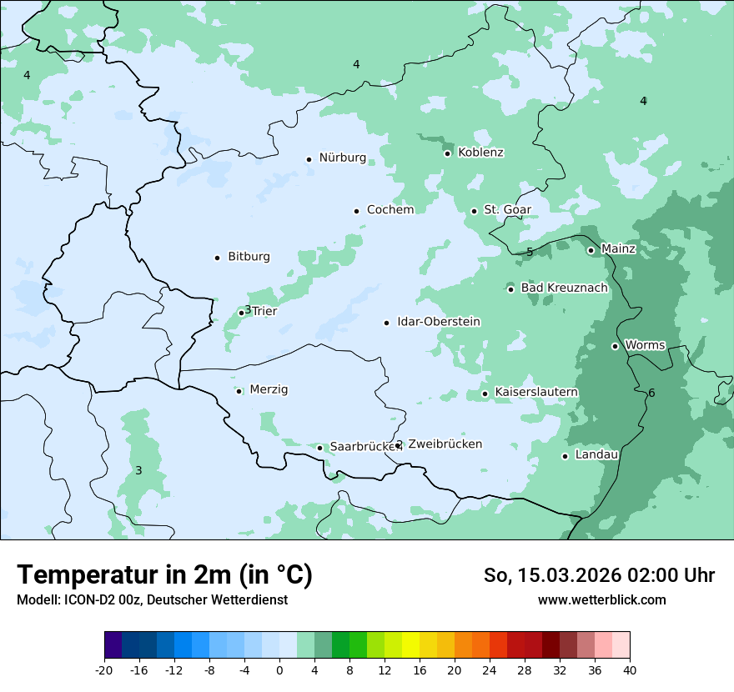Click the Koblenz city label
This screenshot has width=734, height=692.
coord(480,153)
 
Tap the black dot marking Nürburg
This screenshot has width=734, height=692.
coord(309,159)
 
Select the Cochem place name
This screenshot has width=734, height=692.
coord(390,210)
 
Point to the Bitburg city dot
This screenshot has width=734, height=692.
coord(218,258)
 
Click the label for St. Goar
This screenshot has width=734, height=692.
coord(507,210)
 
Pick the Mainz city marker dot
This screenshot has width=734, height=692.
coord(591,250)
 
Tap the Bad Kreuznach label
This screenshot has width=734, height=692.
coord(564,288)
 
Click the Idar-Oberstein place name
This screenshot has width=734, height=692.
coord(438,322)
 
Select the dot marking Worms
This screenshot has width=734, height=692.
coord(615,346)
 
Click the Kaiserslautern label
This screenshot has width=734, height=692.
coord(536,393)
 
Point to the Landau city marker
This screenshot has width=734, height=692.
coord(565,456)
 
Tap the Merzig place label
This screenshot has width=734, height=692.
coord(269,390)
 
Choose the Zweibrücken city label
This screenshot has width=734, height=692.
coord(445,444)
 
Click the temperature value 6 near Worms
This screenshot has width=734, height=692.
coord(651,394)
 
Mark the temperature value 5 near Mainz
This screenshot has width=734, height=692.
coord(530,252)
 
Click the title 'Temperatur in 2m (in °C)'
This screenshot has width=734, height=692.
coord(164,575)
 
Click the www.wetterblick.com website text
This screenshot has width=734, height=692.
coord(601,600)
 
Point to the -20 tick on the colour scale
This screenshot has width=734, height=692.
coord(104,670)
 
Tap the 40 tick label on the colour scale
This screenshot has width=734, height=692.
coord(630,670)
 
